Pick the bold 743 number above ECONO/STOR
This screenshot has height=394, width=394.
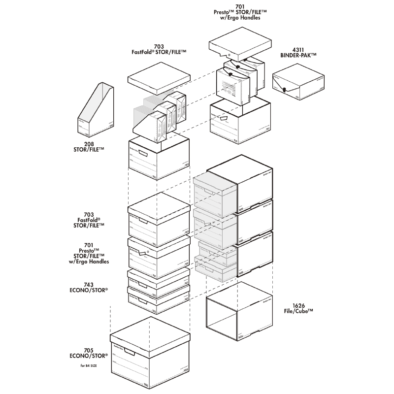tap(89, 285)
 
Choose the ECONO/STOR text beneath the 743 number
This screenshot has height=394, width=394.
tap(89, 291)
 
